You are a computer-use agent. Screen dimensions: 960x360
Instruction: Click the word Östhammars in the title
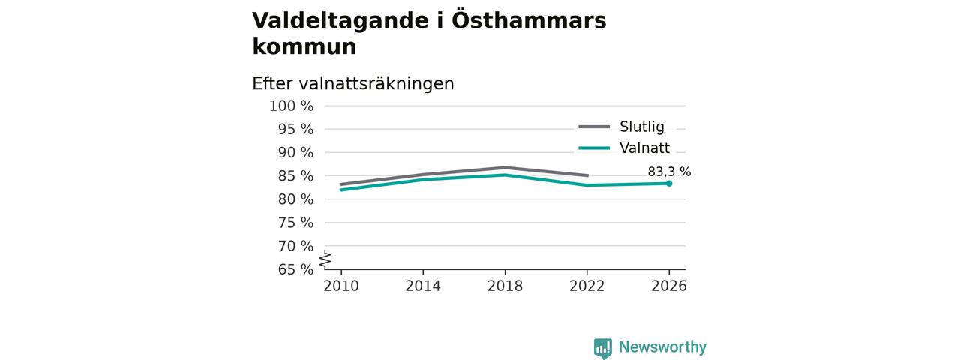click(x=529, y=19)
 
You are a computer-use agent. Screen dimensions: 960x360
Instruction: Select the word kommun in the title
click(x=304, y=46)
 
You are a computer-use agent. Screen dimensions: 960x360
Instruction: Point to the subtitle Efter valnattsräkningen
click(x=353, y=83)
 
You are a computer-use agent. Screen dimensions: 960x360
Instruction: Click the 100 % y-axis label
click(x=292, y=106)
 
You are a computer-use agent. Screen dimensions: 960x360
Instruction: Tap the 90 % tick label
click(x=295, y=152)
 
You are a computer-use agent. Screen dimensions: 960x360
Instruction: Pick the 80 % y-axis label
click(x=295, y=199)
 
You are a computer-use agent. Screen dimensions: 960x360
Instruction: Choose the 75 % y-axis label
click(x=295, y=223)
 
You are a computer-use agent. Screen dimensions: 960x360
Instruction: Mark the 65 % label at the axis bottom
click(x=295, y=269)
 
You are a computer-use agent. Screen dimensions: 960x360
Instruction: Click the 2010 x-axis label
click(x=341, y=286)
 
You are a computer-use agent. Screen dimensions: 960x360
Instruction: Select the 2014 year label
click(x=423, y=286)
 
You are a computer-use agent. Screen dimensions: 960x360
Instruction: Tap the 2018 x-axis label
click(x=505, y=286)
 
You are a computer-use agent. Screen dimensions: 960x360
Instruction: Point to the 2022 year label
click(x=586, y=286)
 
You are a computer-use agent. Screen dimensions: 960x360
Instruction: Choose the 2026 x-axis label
click(x=668, y=286)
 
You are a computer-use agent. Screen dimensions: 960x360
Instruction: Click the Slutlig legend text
click(x=642, y=127)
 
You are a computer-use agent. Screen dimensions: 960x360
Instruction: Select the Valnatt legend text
click(x=644, y=148)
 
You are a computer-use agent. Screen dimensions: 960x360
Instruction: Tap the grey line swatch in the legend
click(x=594, y=127)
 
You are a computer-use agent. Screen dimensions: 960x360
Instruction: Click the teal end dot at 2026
click(x=669, y=184)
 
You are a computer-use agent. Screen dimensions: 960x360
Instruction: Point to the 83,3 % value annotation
click(x=669, y=172)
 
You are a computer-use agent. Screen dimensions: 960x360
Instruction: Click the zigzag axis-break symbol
click(x=325, y=259)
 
